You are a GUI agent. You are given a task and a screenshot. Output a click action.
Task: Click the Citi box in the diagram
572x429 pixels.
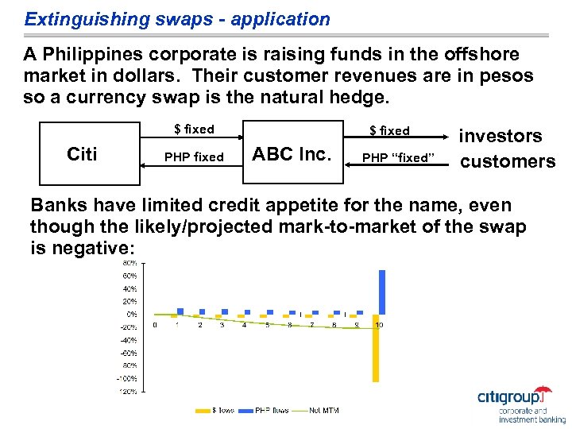tap(83, 154)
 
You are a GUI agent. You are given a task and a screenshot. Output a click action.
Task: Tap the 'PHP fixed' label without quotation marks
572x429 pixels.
tap(194, 157)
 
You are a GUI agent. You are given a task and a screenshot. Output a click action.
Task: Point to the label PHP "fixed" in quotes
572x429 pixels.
tap(395, 157)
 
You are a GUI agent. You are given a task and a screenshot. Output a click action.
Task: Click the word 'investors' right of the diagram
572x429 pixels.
tap(502, 136)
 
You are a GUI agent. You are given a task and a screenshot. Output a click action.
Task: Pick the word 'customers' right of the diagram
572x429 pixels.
tap(508, 161)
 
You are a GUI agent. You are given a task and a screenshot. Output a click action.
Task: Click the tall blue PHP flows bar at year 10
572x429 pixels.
tap(382, 292)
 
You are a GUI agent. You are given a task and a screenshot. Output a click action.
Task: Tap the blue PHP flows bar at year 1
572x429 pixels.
tap(180, 311)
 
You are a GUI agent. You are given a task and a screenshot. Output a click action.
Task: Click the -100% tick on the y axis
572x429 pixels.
tap(127, 378)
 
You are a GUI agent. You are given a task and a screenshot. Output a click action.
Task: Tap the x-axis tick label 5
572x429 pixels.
tap(267, 325)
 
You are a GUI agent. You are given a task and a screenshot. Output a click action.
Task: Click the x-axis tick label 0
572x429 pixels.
tap(155, 325)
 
